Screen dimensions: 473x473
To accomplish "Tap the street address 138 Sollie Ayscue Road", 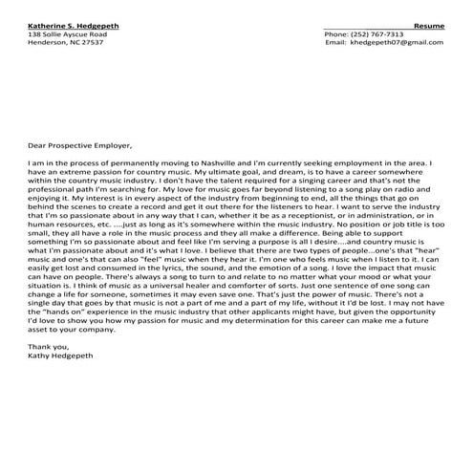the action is pyautogui.click(x=67, y=34).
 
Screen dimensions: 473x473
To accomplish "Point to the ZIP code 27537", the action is pyautogui.click(x=93, y=43).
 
